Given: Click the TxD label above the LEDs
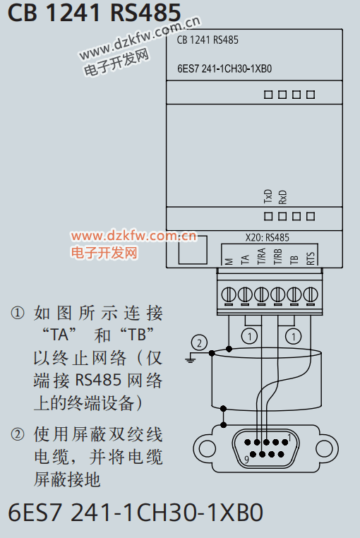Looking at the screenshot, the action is click(268, 196).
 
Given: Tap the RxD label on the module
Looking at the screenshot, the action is click(282, 197).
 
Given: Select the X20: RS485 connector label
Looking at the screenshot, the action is click(267, 237).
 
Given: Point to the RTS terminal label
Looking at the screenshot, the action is click(311, 258).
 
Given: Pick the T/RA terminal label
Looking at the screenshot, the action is click(261, 256).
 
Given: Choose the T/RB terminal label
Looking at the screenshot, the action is click(277, 257).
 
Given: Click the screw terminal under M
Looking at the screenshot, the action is click(229, 294).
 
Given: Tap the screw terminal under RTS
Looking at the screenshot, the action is click(311, 294).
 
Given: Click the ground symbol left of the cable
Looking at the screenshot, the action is click(190, 359).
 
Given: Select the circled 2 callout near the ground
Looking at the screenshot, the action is click(199, 342).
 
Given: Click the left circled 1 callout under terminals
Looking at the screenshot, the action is click(249, 336).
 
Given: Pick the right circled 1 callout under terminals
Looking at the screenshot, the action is click(294, 336).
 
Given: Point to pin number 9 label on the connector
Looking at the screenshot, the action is click(246, 460).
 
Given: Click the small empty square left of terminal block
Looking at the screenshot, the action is click(193, 250).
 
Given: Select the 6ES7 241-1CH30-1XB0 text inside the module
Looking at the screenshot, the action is click(224, 68).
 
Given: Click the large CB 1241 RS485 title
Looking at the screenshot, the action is click(94, 12).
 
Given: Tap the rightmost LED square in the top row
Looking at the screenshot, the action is click(311, 95).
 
